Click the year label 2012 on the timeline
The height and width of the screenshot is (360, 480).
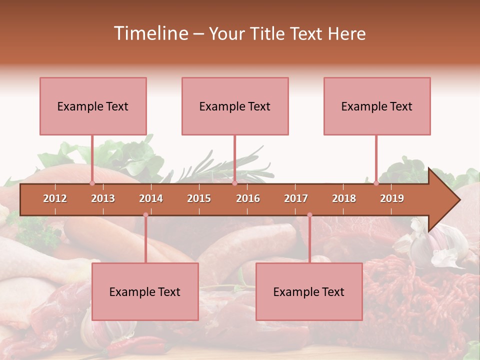click(55, 198)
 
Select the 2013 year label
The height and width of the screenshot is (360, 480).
click(103, 198)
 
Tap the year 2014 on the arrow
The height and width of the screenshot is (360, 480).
click(151, 198)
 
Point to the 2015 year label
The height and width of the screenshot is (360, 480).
click(199, 198)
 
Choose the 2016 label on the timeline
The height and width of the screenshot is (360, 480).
click(248, 198)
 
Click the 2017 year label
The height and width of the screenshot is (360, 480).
click(296, 198)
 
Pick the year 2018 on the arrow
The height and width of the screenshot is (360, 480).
click(344, 198)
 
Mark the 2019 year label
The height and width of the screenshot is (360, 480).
click(392, 198)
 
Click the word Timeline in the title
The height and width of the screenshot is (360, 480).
click(150, 33)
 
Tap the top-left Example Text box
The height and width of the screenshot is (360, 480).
click(93, 106)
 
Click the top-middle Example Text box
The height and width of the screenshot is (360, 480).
click(235, 106)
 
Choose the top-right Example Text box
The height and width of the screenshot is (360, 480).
click(377, 106)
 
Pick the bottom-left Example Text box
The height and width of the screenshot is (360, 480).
click(145, 291)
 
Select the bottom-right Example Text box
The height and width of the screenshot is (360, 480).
click(309, 291)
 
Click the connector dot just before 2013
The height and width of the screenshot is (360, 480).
click(92, 183)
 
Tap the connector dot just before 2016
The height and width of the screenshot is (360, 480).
click(234, 183)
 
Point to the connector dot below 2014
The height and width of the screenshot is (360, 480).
click(145, 215)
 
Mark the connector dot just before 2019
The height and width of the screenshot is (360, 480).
click(376, 183)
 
